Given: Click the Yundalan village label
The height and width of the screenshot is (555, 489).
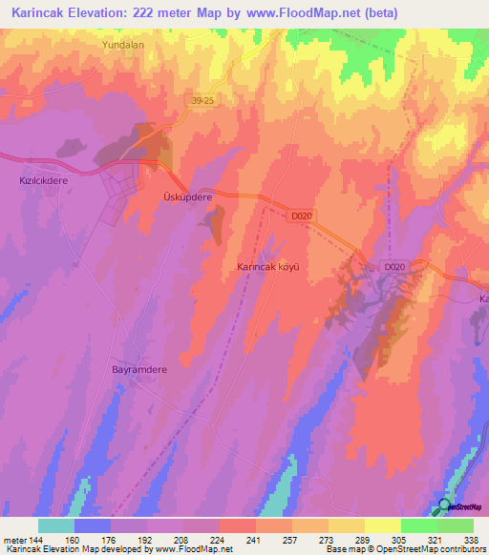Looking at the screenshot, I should tap(123, 45).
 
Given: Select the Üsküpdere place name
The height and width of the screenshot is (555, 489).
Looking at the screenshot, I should tap(182, 196).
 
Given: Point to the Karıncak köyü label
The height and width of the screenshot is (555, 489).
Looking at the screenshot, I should tap(268, 268).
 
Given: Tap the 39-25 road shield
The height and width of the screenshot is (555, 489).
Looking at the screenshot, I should tap(201, 100).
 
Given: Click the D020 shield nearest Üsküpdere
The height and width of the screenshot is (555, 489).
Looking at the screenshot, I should tap(302, 216).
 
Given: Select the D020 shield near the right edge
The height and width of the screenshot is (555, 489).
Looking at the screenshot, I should tap(394, 267).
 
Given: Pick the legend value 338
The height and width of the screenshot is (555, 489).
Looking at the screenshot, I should tap(471, 540).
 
